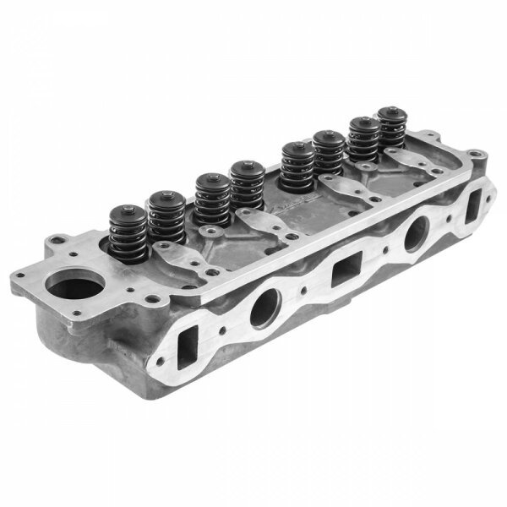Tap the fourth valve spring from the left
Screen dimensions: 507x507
[245, 188]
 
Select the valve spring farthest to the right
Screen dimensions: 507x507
[390, 131]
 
